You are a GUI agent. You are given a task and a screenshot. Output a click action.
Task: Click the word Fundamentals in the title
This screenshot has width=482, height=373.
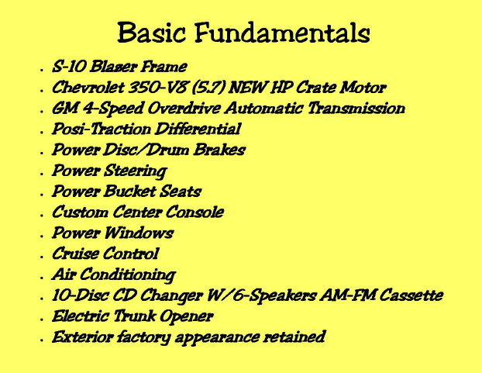[282, 33]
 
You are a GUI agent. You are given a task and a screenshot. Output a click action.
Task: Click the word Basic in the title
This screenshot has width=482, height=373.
[152, 32]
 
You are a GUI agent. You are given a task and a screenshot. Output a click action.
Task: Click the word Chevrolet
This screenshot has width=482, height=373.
[88, 88]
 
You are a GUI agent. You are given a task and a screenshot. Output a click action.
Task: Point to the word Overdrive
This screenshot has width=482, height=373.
[184, 108]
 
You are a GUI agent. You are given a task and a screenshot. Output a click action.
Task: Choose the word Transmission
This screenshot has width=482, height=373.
[356, 108]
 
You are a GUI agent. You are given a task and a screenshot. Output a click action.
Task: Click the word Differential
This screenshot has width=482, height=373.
[198, 129]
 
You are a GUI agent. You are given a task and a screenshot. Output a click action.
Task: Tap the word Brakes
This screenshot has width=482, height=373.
[219, 150]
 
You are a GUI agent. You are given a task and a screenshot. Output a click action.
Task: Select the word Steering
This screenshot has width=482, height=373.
[136, 171]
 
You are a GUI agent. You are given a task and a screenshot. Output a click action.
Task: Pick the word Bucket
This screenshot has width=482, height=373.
[129, 191]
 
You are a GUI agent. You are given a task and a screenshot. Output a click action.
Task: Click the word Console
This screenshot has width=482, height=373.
[195, 212]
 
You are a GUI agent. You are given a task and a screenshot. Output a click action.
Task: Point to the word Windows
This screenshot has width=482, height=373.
[139, 233]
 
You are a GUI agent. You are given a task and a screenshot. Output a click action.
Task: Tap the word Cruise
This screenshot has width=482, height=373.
[75, 254]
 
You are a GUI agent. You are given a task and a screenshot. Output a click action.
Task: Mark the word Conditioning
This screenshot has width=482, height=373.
[128, 275]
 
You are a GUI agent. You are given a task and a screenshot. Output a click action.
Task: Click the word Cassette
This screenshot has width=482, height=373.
[411, 295]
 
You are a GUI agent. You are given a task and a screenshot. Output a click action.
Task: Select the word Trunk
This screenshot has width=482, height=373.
[134, 316]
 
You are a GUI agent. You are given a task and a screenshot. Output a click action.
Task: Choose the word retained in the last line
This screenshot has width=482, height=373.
[294, 337]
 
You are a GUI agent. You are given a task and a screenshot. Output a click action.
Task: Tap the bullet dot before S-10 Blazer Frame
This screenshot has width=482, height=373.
[42, 71]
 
